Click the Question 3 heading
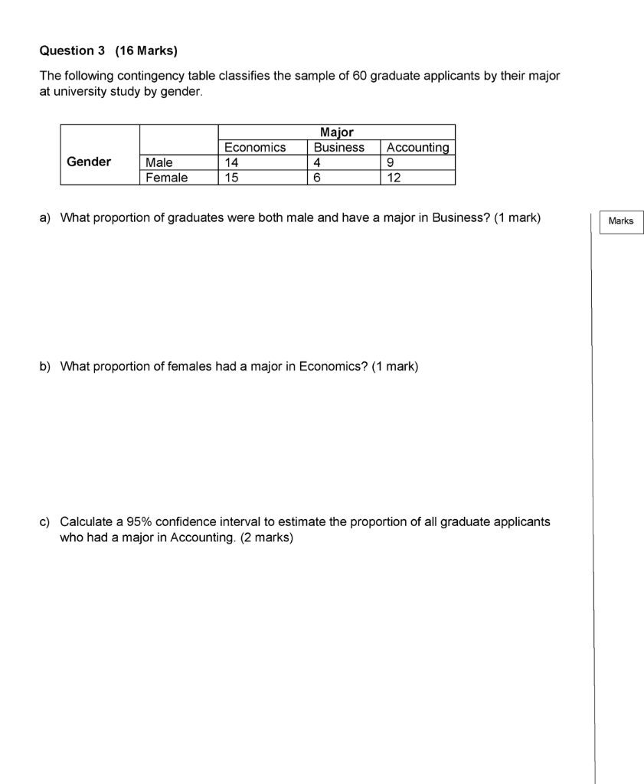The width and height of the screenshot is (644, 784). tap(72, 51)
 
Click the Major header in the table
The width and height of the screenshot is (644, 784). tap(337, 132)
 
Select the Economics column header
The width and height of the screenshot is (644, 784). tap(255, 147)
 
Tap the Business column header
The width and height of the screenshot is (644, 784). tap(339, 147)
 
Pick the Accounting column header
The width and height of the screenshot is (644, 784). tap(418, 147)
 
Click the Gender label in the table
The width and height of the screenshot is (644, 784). tap(89, 162)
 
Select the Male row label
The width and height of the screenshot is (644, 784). tap(159, 162)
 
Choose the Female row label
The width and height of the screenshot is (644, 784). tap(166, 178)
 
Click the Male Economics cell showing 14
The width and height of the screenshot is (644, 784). tap(232, 162)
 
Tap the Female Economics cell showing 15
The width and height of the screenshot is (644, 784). tap(232, 178)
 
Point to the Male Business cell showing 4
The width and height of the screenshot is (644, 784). tap(318, 162)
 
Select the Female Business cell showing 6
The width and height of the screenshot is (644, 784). tap(318, 178)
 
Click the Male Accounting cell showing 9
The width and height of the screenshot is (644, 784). tap(391, 162)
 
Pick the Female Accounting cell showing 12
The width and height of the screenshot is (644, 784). tap(394, 178)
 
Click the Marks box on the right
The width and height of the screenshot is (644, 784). tap(621, 221)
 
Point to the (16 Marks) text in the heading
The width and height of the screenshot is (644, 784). tap(145, 51)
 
